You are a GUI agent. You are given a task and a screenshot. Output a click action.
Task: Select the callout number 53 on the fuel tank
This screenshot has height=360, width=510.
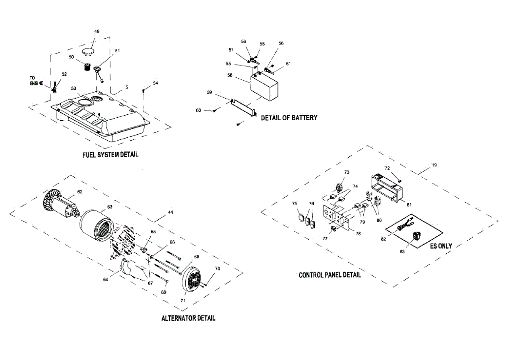coord(74,88)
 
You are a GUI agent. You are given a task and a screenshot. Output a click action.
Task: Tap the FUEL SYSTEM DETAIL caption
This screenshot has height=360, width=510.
coord(110,155)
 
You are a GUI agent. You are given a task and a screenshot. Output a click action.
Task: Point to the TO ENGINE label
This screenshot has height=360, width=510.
coord(36,80)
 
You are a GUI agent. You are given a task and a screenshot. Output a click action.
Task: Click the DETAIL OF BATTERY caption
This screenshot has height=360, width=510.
coord(289,118)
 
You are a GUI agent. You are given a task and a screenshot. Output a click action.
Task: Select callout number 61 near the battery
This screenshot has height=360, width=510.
coord(289,64)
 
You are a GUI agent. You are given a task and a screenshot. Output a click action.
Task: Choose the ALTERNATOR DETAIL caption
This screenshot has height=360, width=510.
coord(188,318)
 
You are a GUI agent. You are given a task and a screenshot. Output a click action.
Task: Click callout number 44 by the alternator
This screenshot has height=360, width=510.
coord(170,212)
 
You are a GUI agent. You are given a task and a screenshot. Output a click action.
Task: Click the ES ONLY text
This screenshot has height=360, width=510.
coord(441,246)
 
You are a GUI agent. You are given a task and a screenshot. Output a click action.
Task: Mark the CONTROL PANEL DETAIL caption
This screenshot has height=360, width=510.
coord(330,275)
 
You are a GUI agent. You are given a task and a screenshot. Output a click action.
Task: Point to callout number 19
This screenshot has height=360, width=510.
coord(433,164)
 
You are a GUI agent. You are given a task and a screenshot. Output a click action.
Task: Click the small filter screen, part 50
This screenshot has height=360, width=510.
coord(87,67)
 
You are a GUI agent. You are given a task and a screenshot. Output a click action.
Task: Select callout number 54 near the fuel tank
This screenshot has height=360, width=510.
coord(155,83)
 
